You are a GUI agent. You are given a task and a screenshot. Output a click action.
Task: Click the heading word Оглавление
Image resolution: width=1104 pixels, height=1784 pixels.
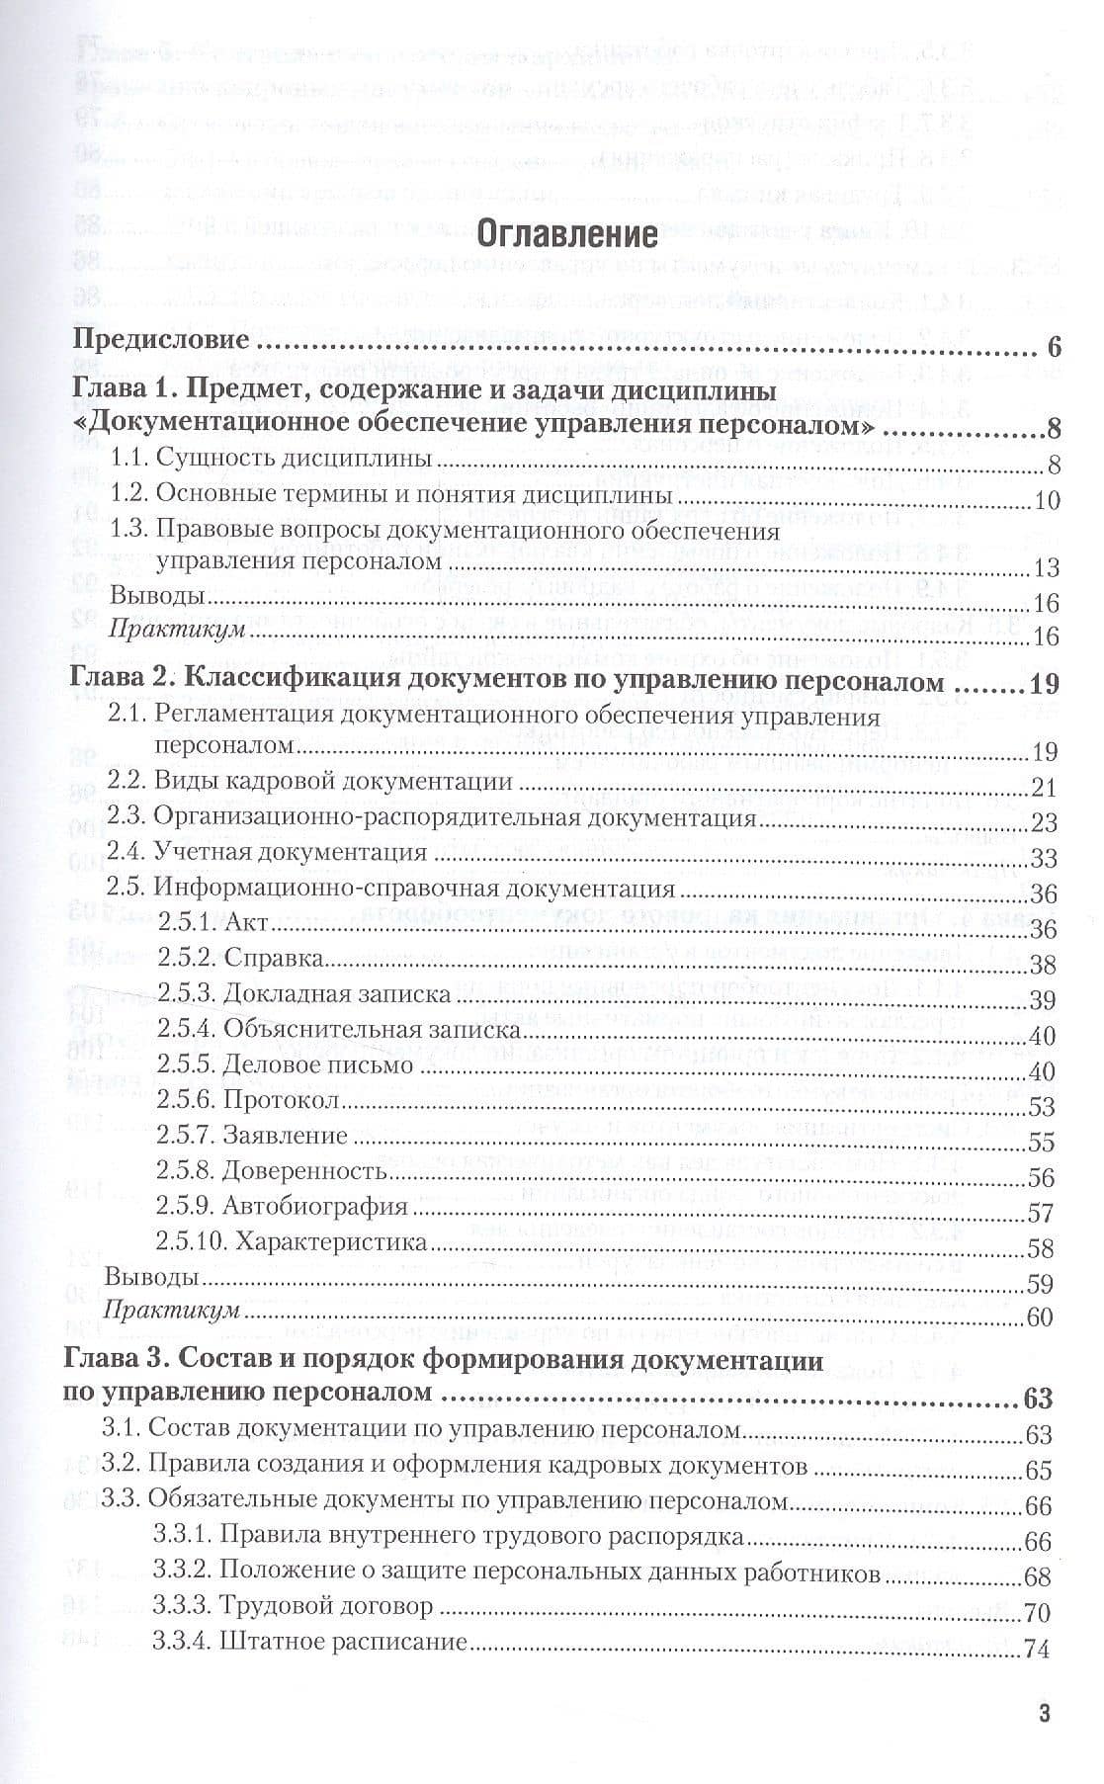(x=566, y=234)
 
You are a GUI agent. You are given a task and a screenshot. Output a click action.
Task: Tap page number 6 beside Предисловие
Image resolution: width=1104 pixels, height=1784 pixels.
(x=1052, y=348)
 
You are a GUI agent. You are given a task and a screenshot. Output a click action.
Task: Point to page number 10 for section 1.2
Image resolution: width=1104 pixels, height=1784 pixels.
(x=1047, y=501)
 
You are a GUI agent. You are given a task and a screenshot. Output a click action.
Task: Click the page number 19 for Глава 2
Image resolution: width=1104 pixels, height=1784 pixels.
(x=1045, y=683)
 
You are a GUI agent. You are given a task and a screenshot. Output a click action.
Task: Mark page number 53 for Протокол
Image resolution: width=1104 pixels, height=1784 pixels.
(x=1042, y=1107)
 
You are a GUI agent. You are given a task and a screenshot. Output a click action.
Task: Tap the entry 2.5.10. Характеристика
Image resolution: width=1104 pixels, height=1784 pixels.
(x=291, y=1241)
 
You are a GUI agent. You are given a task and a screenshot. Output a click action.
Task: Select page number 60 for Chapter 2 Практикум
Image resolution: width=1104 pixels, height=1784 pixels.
(x=1042, y=1317)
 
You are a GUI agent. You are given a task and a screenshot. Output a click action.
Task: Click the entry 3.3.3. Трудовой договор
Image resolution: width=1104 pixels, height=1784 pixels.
(x=294, y=1606)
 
